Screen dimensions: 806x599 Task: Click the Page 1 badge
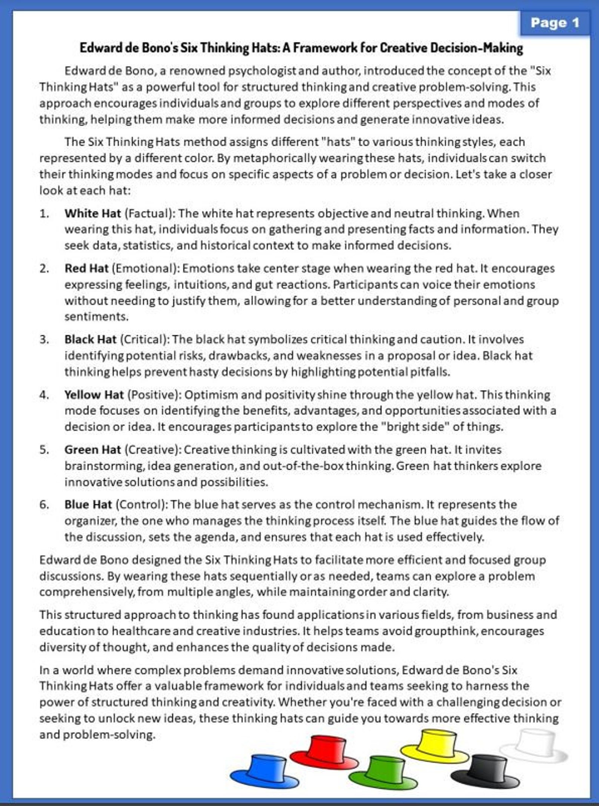point(554,23)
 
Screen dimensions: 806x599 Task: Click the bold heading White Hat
point(92,213)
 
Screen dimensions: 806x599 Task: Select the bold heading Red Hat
point(86,268)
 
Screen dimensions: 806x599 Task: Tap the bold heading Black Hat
point(90,339)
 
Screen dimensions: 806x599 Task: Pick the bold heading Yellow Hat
point(94,395)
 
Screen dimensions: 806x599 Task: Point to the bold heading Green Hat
point(92,450)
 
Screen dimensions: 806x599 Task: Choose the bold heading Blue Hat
point(88,504)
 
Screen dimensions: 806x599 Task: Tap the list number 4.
point(44,395)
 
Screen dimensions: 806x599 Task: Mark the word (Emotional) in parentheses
point(145,268)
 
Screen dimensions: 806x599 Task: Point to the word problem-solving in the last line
point(109,734)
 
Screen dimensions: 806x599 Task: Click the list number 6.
point(44,504)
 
